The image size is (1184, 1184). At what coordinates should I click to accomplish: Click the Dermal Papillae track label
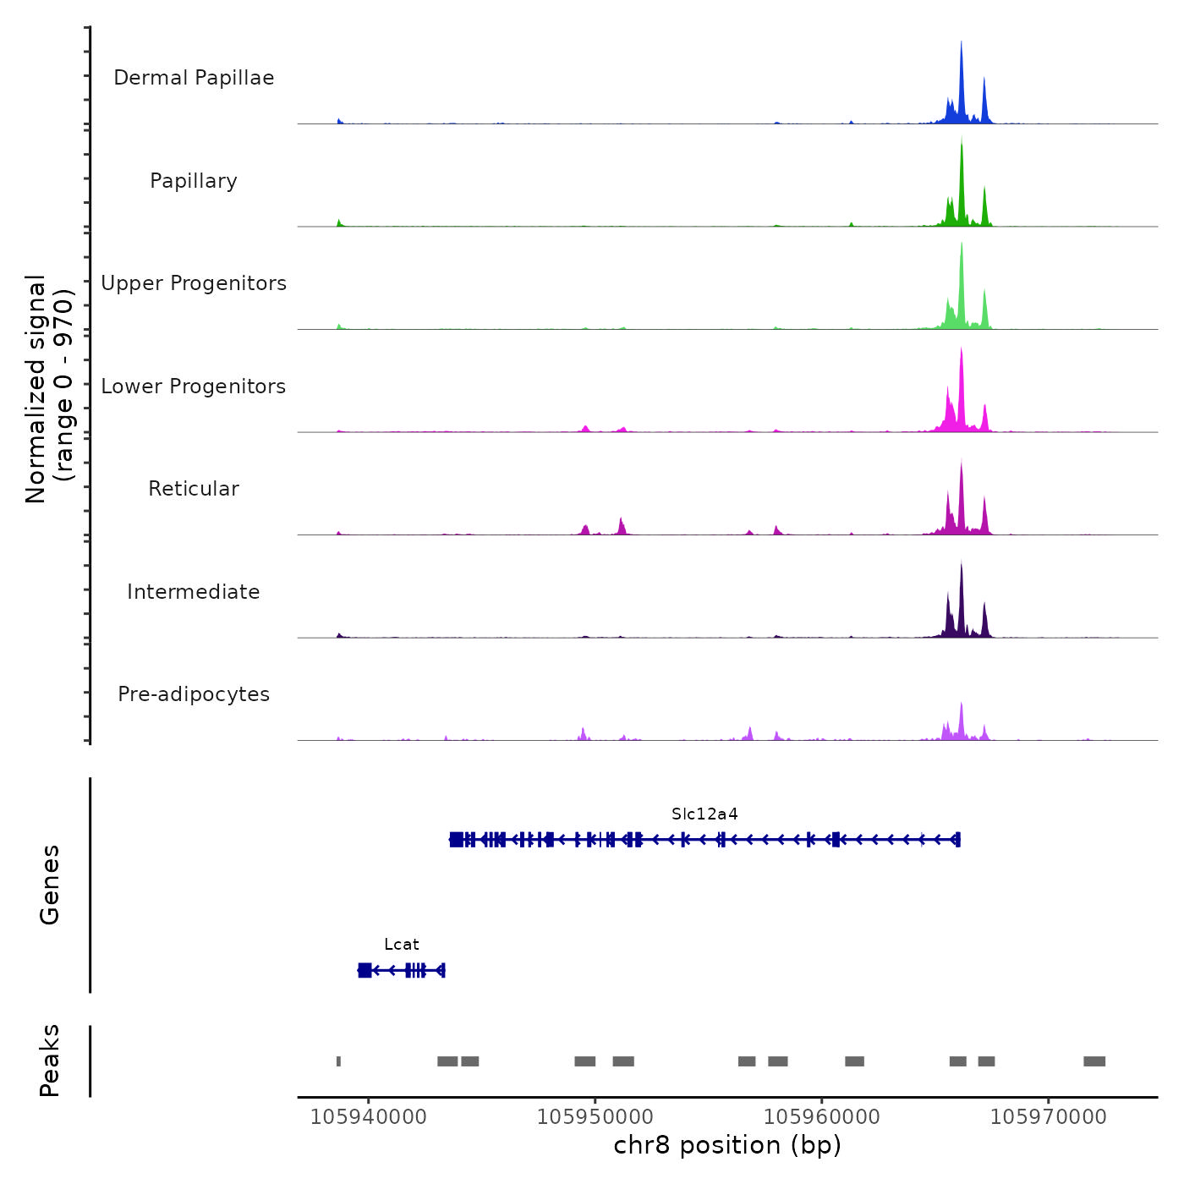coord(194,78)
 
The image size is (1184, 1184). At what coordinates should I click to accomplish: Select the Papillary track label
coord(194,181)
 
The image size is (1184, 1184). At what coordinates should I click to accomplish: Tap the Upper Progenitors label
coord(194,283)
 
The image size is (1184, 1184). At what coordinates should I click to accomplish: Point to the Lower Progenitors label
coord(194,386)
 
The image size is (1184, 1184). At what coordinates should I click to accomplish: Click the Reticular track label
coord(194,489)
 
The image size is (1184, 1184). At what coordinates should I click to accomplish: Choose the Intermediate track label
coord(194,592)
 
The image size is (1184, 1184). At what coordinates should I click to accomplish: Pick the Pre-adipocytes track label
coord(194,694)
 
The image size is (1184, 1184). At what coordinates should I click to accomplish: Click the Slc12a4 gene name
coord(704,814)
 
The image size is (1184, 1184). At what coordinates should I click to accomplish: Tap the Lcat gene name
coord(401,945)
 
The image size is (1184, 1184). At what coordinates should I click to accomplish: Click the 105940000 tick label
coord(368,1117)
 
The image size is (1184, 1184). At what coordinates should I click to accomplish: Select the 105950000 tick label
coord(595,1117)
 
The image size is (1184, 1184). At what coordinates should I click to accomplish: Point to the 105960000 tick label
coord(821,1117)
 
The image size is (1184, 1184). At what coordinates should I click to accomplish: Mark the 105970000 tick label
coord(1048,1117)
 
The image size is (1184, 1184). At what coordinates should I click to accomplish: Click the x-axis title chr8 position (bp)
coord(727,1145)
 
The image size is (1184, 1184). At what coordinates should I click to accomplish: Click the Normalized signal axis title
coord(49,389)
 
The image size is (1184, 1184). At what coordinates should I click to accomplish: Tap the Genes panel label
coord(50,885)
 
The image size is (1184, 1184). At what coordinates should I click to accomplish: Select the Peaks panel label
coord(50,1061)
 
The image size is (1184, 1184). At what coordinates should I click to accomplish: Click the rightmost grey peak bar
coord(1094,1061)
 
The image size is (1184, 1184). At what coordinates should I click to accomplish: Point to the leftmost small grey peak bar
coord(338,1061)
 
